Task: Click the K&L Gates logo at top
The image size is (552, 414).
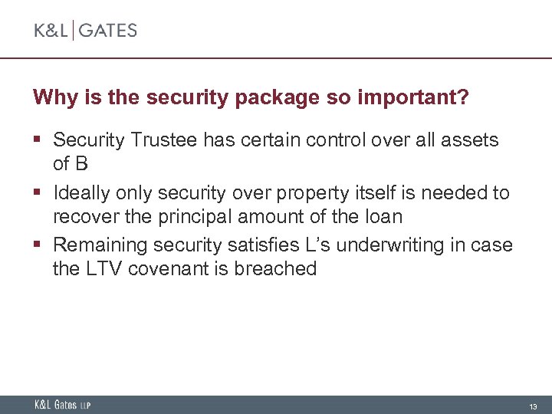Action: (85, 31)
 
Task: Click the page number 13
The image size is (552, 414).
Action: (532, 406)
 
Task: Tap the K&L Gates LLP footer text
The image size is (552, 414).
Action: (62, 405)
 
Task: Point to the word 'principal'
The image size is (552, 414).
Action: (187, 216)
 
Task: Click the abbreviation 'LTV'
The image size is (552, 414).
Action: (103, 268)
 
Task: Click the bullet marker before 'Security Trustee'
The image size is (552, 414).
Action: (38, 141)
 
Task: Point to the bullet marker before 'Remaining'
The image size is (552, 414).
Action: (38, 246)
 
